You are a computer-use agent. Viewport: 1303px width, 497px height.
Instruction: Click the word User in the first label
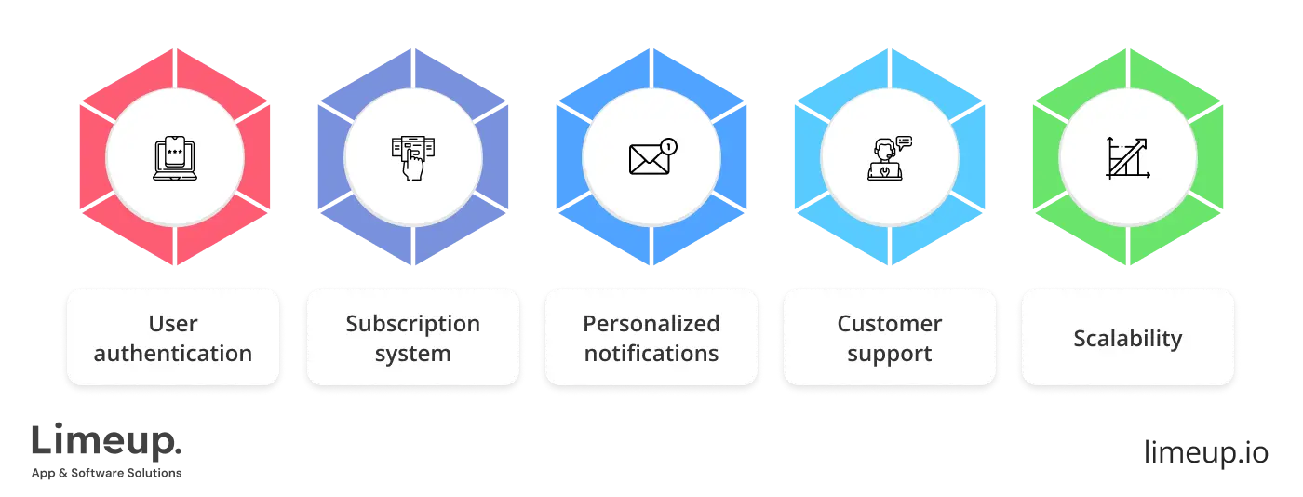[173, 324]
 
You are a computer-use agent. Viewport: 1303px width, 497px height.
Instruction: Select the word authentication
[173, 354]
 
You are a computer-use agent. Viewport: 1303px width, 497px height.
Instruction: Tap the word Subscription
[412, 324]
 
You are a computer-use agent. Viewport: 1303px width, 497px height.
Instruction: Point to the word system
[412, 354]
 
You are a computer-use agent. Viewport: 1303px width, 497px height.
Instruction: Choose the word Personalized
[651, 324]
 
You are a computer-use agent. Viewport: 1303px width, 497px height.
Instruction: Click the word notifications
[651, 354]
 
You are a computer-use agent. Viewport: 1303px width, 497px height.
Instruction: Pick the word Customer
[889, 324]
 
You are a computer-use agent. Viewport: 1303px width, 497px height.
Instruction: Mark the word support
[889, 355]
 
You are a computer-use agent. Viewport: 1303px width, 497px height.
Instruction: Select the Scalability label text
[1127, 339]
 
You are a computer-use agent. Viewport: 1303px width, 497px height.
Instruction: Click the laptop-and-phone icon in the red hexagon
[174, 157]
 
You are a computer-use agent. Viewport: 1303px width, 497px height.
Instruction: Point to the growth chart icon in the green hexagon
[1127, 157]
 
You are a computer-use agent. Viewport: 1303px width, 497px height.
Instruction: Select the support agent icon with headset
[885, 159]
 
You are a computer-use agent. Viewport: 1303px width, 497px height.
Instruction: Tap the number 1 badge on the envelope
[668, 145]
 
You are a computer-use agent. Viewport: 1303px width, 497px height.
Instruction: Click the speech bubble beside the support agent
[904, 142]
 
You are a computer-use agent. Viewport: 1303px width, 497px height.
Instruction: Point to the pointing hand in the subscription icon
[410, 167]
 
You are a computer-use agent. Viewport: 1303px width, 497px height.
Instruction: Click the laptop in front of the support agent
[883, 172]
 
